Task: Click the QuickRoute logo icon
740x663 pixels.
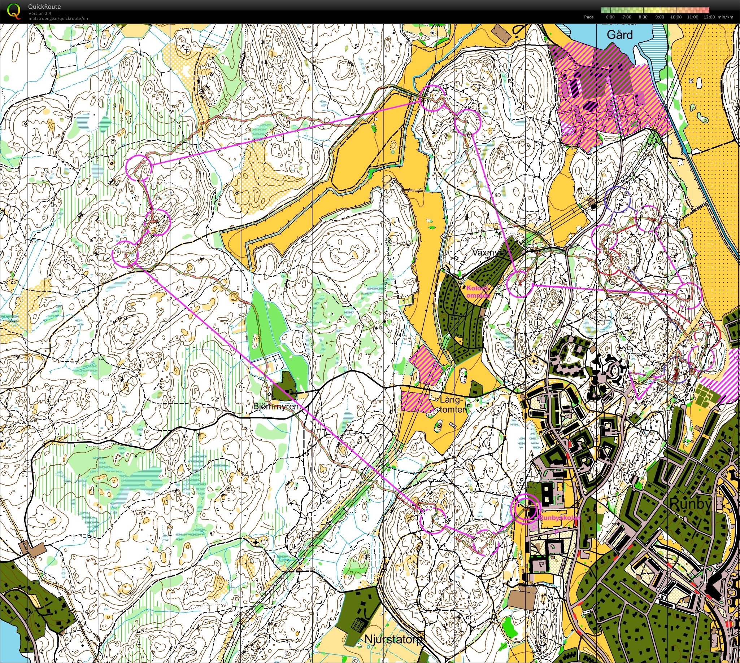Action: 14,11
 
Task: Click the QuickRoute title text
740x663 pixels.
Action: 44,6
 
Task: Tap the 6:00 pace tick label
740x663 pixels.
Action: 610,17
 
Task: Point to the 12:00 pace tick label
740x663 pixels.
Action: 709,17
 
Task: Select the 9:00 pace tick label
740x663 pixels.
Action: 660,17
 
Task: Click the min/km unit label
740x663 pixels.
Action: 725,17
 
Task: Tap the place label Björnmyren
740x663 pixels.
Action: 275,406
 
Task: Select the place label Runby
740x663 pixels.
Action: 690,504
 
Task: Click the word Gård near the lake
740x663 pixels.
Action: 619,35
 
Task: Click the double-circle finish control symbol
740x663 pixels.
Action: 525,507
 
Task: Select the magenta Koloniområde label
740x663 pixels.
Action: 478,292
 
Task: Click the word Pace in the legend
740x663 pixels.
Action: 589,17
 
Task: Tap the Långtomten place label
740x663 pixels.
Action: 452,405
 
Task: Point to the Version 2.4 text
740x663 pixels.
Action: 40,13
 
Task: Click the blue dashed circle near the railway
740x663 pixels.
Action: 617,199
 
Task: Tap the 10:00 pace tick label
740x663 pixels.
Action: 676,17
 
